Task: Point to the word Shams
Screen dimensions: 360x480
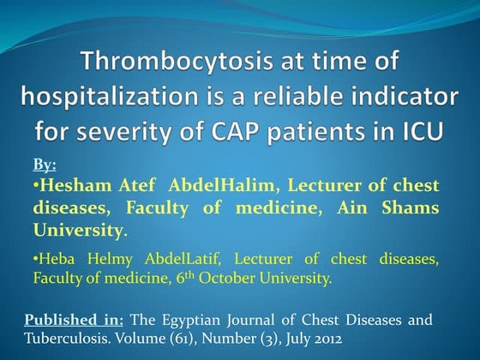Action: click(412, 208)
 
